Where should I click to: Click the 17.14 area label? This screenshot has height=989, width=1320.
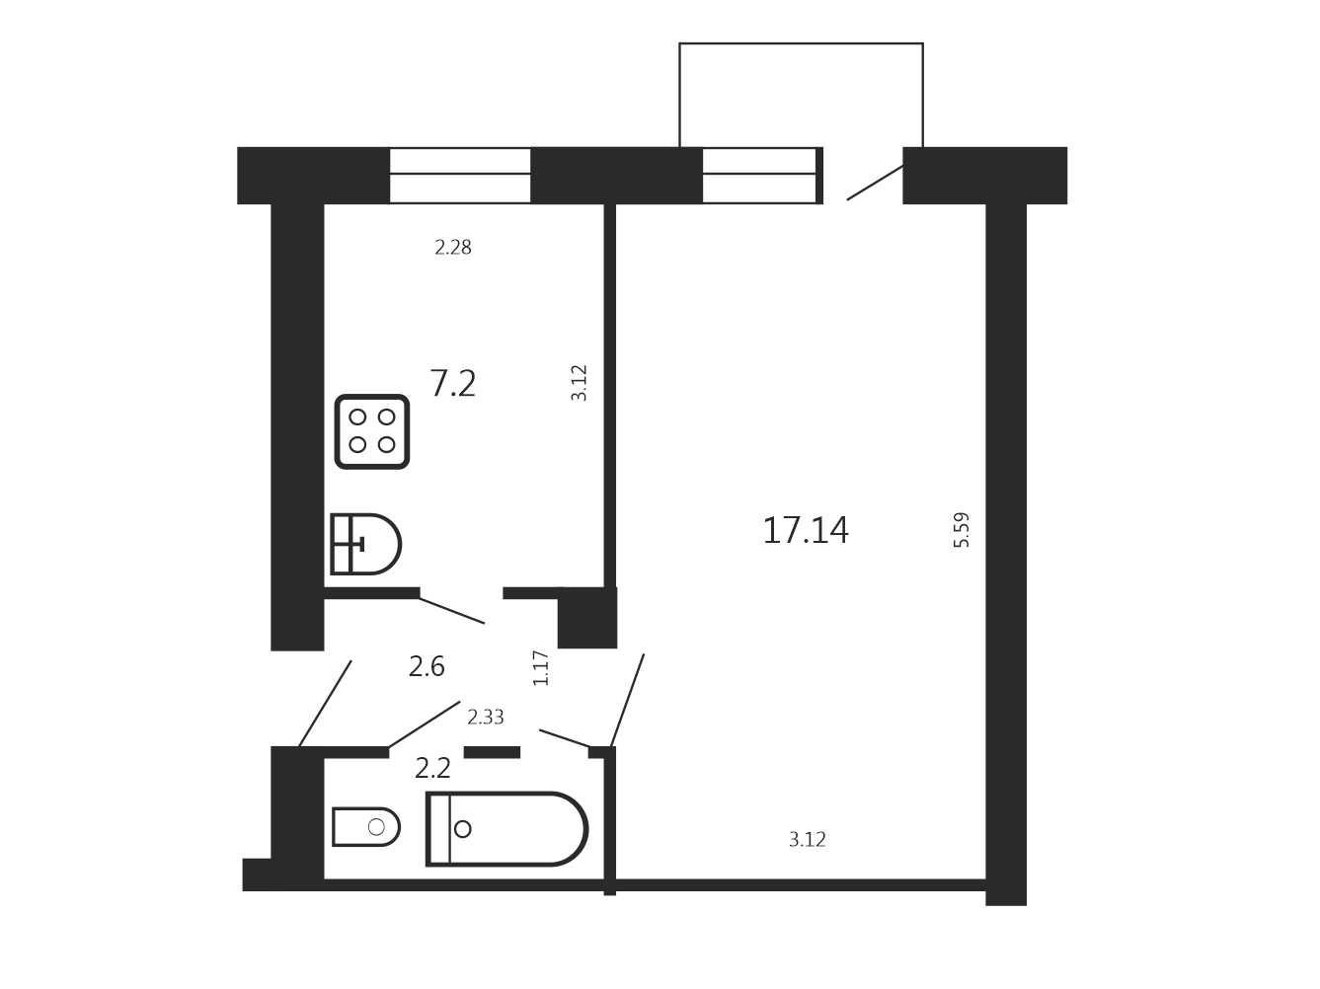tap(806, 530)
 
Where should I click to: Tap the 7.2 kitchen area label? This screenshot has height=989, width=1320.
tap(453, 384)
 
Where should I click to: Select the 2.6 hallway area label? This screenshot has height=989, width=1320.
tap(427, 667)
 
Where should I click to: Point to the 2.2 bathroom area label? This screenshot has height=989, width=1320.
tap(432, 768)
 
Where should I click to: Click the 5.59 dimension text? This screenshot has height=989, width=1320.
tap(961, 530)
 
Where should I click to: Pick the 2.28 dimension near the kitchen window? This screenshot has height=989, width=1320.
tap(453, 247)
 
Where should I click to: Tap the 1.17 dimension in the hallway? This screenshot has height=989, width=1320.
tap(541, 668)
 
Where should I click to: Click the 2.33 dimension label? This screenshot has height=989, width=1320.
tap(486, 717)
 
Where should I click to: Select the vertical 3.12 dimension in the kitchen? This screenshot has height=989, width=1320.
tap(579, 383)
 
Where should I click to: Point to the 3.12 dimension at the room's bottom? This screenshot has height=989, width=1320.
tap(807, 839)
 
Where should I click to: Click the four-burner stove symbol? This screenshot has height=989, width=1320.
tap(372, 431)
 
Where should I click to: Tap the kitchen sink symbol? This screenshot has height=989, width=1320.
tap(365, 544)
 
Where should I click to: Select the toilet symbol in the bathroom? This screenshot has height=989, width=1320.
tap(366, 827)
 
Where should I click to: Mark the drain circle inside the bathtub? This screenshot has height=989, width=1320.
tap(462, 829)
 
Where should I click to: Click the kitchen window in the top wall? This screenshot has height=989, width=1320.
tap(460, 176)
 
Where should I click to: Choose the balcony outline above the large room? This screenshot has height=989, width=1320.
tap(801, 43)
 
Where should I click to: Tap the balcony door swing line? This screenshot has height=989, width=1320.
tap(875, 183)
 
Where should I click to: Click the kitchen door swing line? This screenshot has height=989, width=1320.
tap(451, 611)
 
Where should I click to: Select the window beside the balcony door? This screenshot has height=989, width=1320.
tap(762, 176)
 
